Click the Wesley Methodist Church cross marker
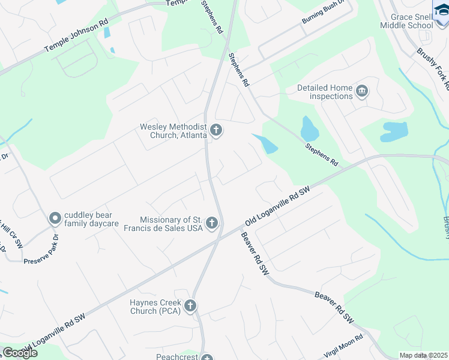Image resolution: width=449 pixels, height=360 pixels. (x=216, y=130)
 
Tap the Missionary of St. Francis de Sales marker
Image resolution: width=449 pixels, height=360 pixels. (x=211, y=224)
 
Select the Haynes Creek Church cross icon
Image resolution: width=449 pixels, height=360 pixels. (x=190, y=307)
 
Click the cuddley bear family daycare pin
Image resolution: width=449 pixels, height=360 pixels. (x=55, y=218)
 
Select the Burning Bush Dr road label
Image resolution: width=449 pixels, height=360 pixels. (x=325, y=19)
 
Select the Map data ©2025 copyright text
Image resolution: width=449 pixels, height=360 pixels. (x=423, y=355)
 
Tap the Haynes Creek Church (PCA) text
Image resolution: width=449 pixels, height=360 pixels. (x=155, y=307)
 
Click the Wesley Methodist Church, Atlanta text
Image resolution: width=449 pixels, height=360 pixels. (x=173, y=131)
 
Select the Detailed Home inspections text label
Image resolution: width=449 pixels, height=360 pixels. (x=325, y=92)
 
